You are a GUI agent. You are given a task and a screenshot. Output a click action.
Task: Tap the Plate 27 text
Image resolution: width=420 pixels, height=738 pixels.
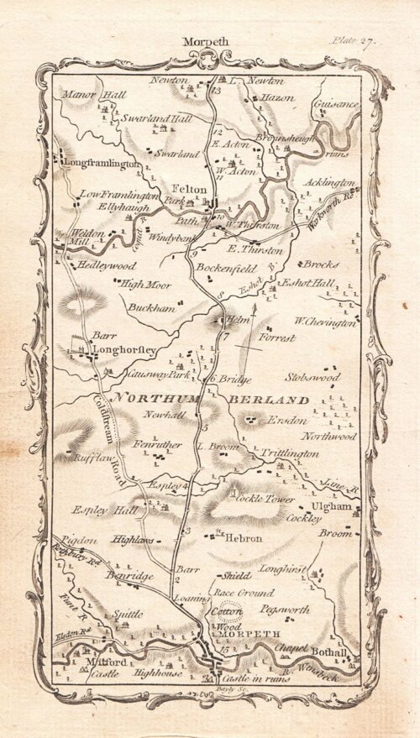(355, 39)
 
